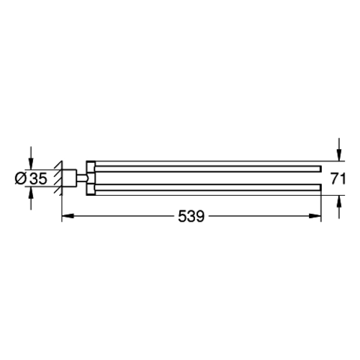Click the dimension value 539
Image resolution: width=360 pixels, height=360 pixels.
pos(191,216)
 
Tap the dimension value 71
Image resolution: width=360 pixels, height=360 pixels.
pos(338,179)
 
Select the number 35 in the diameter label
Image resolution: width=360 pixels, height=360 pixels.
pos(38,179)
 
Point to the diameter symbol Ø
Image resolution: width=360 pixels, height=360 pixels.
pos(21,179)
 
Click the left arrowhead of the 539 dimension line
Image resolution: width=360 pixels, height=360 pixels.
pos(68,216)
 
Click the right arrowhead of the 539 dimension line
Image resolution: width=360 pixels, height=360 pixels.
pos(315,216)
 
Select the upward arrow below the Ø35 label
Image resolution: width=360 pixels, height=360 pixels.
pos(31,199)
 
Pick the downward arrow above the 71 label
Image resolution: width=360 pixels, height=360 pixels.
pos(338,149)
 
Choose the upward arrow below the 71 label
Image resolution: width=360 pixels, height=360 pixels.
pos(338,207)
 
